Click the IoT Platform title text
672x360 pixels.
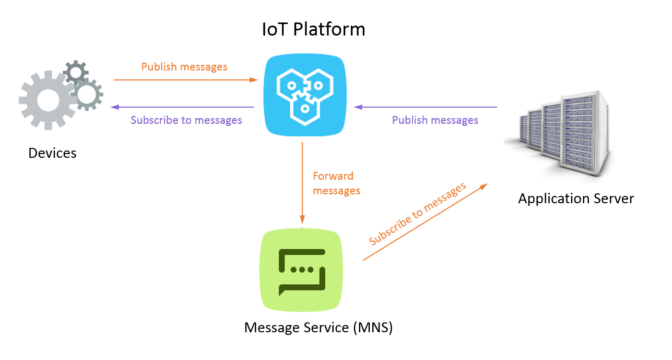point(313,29)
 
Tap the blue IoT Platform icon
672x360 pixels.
point(304,96)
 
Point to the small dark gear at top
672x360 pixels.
point(76,73)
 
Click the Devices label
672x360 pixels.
point(52,153)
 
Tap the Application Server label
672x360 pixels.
point(576,199)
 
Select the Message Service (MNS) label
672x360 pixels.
point(319,328)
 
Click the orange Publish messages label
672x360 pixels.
point(184,67)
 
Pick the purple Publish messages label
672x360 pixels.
point(435,120)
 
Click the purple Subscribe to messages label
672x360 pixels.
point(186,120)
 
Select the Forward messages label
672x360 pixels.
point(336,183)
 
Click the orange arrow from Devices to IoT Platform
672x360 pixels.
point(185,80)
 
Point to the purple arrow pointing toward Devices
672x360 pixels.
point(182,107)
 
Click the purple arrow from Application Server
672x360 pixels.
point(426,107)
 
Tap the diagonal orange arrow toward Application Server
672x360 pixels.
point(425,222)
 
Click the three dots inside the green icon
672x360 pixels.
point(302,270)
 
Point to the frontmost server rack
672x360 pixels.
point(585,133)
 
